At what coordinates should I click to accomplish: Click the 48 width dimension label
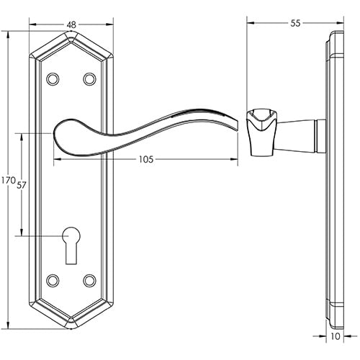[x=71, y=24]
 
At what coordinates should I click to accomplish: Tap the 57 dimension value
[x=21, y=185]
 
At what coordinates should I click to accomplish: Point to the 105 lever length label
[x=146, y=160]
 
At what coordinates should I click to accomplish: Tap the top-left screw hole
[x=53, y=78]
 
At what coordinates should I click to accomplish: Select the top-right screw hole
[x=89, y=78]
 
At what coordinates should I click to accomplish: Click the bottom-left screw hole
[x=53, y=279]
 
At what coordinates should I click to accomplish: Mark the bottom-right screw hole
[x=89, y=279]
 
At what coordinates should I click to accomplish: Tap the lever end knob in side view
[x=261, y=132]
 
